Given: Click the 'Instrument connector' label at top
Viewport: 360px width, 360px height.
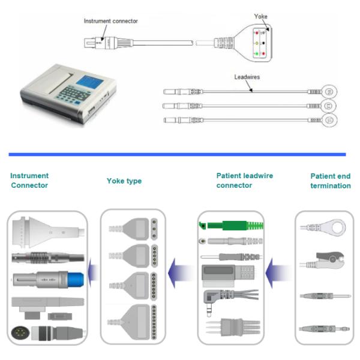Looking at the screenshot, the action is pos(110,21).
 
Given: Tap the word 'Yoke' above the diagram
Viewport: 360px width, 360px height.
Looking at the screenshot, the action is pos(260,16).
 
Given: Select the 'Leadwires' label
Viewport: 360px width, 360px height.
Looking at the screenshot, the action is pos(247,77).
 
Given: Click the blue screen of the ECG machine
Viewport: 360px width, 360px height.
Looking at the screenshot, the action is pos(90,82).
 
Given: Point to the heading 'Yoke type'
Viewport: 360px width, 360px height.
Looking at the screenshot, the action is pos(124,181).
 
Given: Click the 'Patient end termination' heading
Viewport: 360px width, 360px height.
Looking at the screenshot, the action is pos(331,181).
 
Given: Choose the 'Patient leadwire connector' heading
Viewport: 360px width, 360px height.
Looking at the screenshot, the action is pos(245,181).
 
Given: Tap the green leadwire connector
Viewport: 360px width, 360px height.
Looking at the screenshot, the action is pos(231,225).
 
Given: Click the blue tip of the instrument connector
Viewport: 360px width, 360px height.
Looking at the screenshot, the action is pos(76,280).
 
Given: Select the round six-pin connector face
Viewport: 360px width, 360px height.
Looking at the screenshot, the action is pos(20,332).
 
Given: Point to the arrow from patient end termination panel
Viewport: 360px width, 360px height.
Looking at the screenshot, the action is pos(278,273).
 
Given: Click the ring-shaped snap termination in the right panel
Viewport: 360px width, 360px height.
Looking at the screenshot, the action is pos(323,227).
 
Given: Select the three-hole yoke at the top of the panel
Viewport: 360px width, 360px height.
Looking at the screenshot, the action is pos(133,229).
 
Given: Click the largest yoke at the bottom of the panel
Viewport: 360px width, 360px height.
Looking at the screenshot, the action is pos(133,322).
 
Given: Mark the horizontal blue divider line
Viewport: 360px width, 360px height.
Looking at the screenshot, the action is pos(177,155).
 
